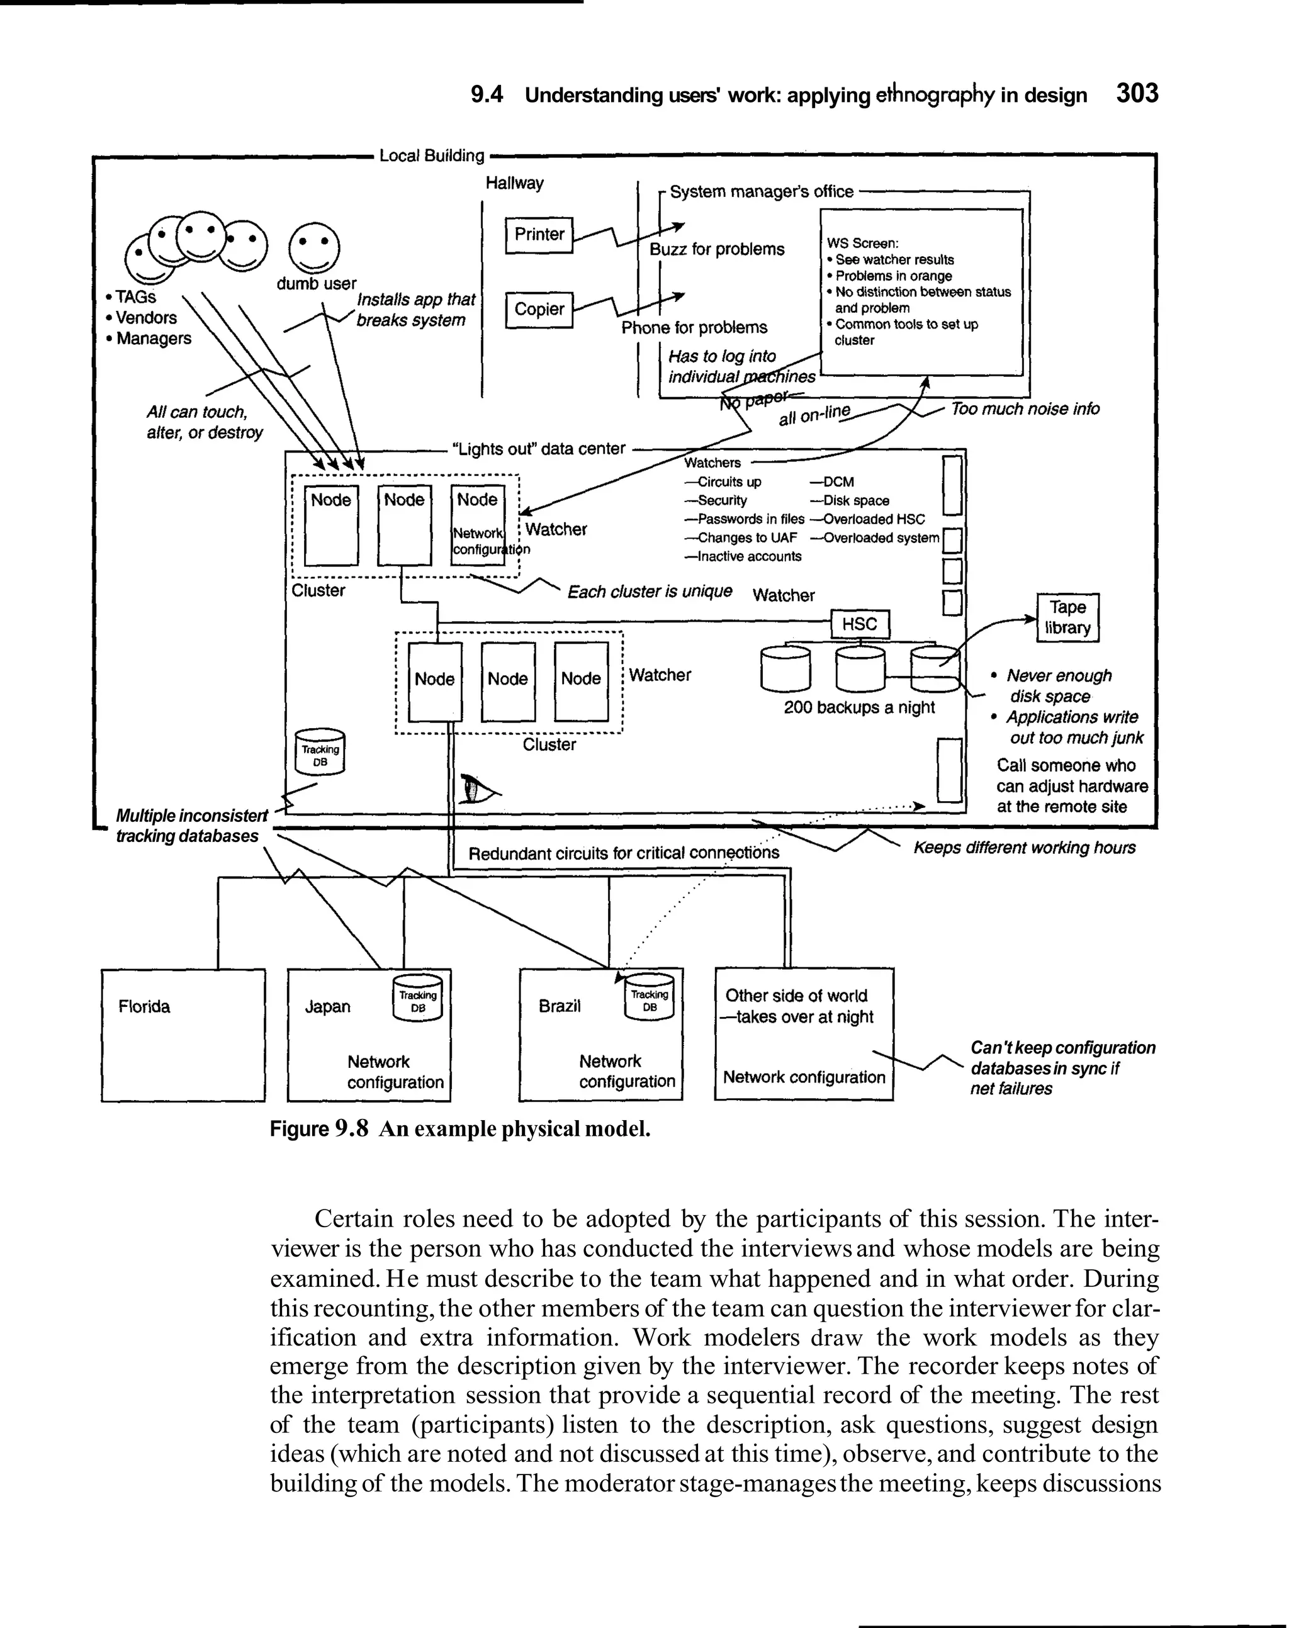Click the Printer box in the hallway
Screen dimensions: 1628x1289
[x=539, y=235]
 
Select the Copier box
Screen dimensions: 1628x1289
[x=539, y=310]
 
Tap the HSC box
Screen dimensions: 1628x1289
[x=860, y=624]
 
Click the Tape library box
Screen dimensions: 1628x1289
[x=1067, y=618]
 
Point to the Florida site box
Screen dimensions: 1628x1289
[x=183, y=1035]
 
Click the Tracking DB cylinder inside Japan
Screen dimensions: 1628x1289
[x=417, y=999]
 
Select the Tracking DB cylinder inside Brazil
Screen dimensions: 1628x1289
[x=649, y=999]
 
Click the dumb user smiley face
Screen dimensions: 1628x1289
[x=315, y=247]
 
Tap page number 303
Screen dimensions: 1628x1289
[x=1137, y=94]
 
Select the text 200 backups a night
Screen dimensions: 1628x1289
[x=859, y=707]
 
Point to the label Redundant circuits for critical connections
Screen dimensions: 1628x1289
[x=623, y=853]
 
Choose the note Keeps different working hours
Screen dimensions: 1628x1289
[x=1024, y=848]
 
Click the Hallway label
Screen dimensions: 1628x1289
[x=514, y=183]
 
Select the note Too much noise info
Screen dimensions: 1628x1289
[x=1025, y=409]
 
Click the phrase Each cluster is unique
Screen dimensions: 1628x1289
[x=649, y=592]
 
